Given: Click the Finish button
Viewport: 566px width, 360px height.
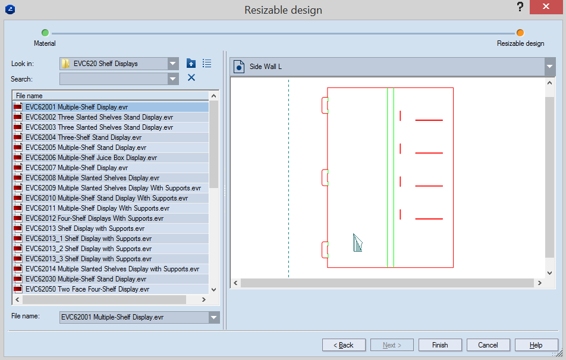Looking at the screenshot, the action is point(440,345).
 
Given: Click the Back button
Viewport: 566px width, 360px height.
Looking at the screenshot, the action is point(344,345).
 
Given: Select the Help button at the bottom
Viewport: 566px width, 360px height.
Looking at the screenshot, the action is point(536,345).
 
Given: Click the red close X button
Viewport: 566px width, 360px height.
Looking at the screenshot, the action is point(546,7).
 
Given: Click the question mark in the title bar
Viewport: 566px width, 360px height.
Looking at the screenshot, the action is point(520,7).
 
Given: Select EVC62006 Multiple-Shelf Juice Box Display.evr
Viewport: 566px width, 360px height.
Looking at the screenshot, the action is point(91,158).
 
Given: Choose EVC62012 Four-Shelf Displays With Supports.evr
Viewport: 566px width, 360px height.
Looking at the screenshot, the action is point(94,218).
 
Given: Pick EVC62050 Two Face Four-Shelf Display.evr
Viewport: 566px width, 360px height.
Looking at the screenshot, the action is point(87,289).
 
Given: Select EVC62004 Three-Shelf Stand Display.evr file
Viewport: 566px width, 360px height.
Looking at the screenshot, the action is point(83,137).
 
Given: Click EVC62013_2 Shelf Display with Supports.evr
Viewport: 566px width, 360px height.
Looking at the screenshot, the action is point(89,249).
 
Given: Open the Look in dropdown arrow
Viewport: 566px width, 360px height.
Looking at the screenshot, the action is point(173,64).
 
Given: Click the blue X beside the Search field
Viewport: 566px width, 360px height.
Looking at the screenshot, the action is point(191,77).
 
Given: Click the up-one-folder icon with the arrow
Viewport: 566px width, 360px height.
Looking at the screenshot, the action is point(191,64).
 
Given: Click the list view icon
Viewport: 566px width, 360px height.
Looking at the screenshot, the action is point(207,64).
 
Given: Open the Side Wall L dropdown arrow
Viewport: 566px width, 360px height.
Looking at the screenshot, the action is point(550,67).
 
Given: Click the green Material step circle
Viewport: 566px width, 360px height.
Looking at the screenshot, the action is point(45,33).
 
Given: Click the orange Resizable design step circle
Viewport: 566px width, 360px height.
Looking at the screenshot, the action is point(520,33).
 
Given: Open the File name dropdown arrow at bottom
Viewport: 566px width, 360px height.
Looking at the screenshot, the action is point(213,317).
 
